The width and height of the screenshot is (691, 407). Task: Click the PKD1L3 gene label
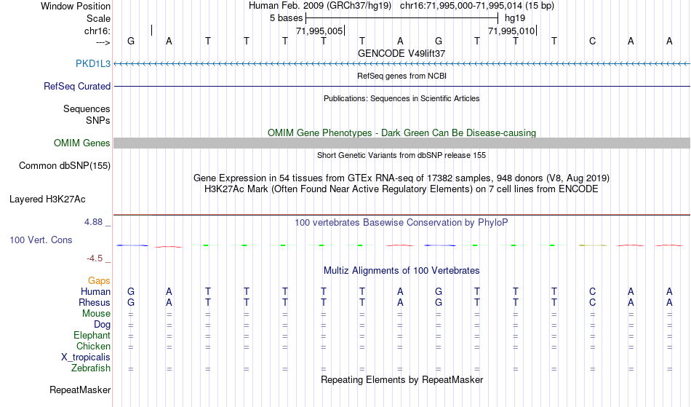click(93, 63)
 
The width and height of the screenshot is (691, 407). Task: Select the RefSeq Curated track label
click(76, 86)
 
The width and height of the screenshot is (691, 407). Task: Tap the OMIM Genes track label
click(81, 143)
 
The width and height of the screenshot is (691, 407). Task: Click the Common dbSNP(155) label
click(64, 166)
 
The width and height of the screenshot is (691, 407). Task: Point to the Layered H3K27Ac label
click(47, 199)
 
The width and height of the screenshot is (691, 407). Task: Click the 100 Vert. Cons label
click(41, 240)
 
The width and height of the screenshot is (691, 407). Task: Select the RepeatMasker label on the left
click(80, 390)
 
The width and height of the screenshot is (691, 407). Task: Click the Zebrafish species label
click(91, 368)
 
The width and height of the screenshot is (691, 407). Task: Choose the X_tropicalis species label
click(86, 357)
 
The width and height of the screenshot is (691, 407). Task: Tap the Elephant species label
click(92, 335)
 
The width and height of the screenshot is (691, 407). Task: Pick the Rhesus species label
click(95, 302)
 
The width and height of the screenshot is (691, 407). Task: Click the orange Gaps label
click(99, 280)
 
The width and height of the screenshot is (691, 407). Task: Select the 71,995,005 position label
click(319, 31)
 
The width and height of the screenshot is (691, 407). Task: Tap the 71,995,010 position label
click(511, 31)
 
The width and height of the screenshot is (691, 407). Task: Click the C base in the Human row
click(592, 291)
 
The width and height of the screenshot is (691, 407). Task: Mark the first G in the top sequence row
click(130, 41)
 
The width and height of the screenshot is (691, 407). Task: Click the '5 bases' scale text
click(287, 18)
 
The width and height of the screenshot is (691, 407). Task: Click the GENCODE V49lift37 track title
click(402, 53)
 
